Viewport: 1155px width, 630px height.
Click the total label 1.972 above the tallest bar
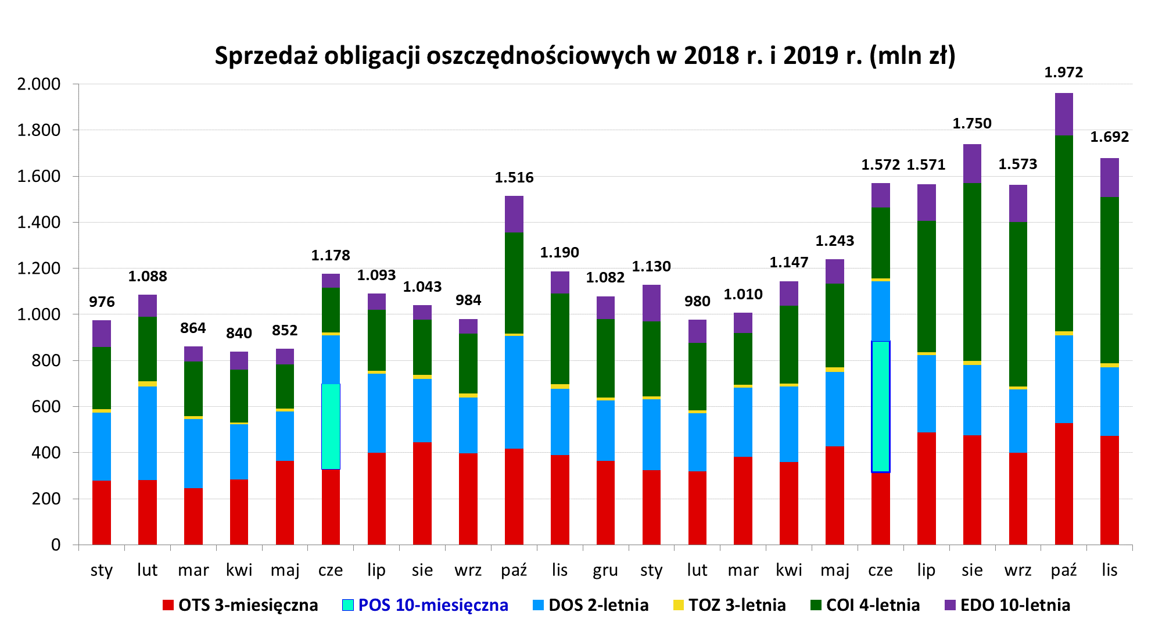click(x=1063, y=73)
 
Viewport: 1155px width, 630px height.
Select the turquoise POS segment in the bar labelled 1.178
click(x=331, y=426)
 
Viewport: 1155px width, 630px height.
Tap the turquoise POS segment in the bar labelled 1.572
click(x=880, y=406)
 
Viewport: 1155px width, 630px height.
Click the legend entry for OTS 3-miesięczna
click(x=240, y=605)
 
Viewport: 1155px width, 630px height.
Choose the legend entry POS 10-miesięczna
click(x=425, y=605)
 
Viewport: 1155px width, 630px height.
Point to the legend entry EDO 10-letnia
click(x=1007, y=605)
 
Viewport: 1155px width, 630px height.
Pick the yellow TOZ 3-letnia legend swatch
click(x=679, y=605)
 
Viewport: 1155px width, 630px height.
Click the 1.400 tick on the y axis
click(x=39, y=222)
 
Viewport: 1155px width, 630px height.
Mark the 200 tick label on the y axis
click(x=46, y=499)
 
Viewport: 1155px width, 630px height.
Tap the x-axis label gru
click(x=605, y=570)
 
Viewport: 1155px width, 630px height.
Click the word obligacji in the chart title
click(x=373, y=56)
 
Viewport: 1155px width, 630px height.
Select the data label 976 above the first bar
click(x=102, y=302)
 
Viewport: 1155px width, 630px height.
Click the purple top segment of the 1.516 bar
click(x=514, y=214)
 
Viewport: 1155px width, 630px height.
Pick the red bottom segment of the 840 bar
click(x=239, y=511)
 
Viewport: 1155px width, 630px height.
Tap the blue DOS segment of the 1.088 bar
click(x=147, y=433)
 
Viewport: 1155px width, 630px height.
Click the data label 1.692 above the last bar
click(x=1109, y=137)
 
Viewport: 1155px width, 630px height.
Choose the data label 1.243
click(x=834, y=241)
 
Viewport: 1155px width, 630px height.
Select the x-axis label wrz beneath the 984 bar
click(x=468, y=570)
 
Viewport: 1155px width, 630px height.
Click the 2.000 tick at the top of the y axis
click(x=39, y=84)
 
